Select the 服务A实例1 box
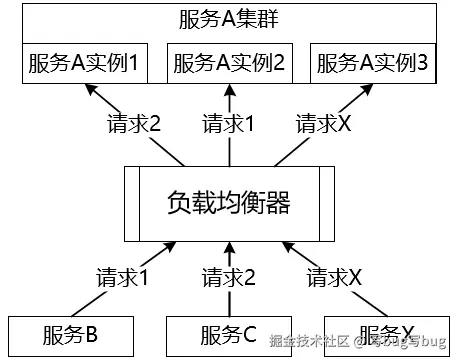click(84, 64)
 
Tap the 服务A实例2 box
click(229, 64)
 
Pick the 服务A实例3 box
click(372, 64)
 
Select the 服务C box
click(229, 333)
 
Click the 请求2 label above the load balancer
click(134, 125)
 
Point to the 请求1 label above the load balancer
click(229, 125)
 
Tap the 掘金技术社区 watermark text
click(311, 342)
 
